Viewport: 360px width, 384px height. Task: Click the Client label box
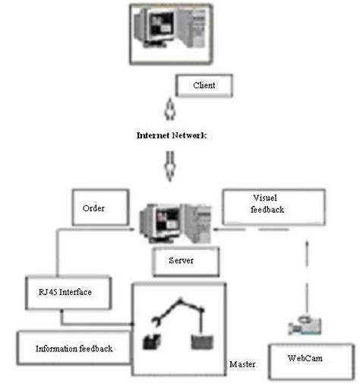[x=204, y=85]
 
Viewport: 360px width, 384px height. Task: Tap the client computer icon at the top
[x=169, y=33]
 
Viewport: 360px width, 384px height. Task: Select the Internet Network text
[x=172, y=135]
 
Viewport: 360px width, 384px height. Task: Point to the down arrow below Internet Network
[x=172, y=166]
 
